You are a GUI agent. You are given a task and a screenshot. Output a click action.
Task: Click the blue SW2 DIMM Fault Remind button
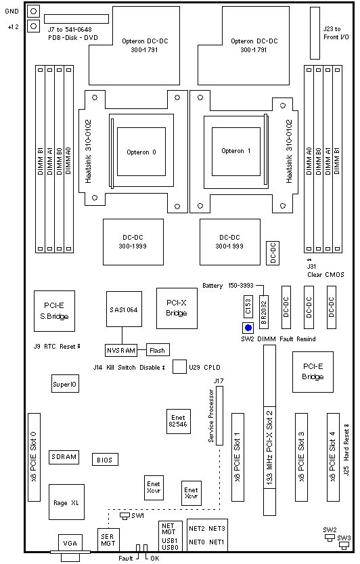point(248,328)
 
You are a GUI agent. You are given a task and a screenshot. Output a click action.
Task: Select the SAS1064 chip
point(124,309)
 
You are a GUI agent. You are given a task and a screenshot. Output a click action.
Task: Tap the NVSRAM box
point(121,350)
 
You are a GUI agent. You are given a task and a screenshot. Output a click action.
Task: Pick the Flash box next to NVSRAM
point(158,350)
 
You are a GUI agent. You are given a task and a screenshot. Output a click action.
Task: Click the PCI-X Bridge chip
point(177,308)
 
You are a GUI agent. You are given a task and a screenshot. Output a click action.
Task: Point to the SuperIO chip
point(65,384)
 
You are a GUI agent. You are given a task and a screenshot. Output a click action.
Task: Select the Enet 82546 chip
point(179,421)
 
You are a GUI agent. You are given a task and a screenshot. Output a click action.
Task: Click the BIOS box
point(105,460)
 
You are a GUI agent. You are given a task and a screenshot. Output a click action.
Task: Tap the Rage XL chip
point(66,502)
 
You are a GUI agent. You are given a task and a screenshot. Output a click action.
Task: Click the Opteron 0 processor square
point(141,152)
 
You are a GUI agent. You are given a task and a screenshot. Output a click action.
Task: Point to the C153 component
point(248,307)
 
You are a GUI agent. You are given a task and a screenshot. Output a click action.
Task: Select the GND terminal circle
point(33,11)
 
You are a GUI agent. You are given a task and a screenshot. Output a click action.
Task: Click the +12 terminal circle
point(33,26)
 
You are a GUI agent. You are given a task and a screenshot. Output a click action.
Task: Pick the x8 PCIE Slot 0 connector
point(34,457)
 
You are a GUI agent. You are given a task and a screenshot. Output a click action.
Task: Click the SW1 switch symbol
point(125,516)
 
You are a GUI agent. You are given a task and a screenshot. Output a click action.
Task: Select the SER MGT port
point(108,540)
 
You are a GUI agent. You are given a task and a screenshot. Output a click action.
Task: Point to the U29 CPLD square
point(179,366)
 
